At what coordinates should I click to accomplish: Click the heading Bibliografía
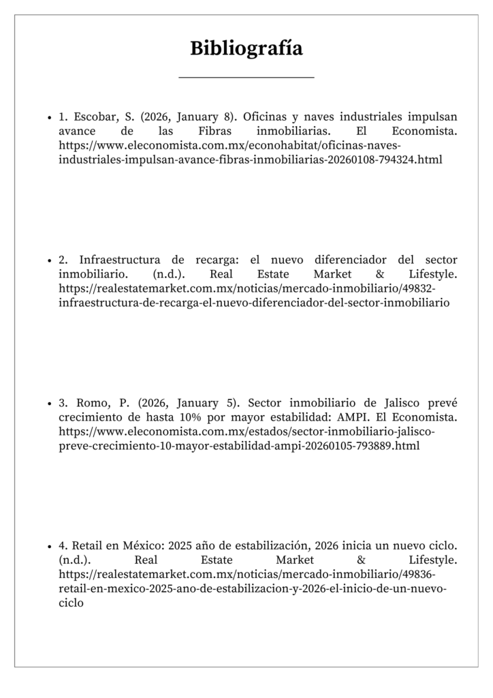[246, 48]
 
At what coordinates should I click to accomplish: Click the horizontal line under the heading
[246, 78]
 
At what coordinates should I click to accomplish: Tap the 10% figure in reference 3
[215, 417]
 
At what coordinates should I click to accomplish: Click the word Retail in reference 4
[88, 546]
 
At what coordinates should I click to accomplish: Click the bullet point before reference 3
[50, 404]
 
